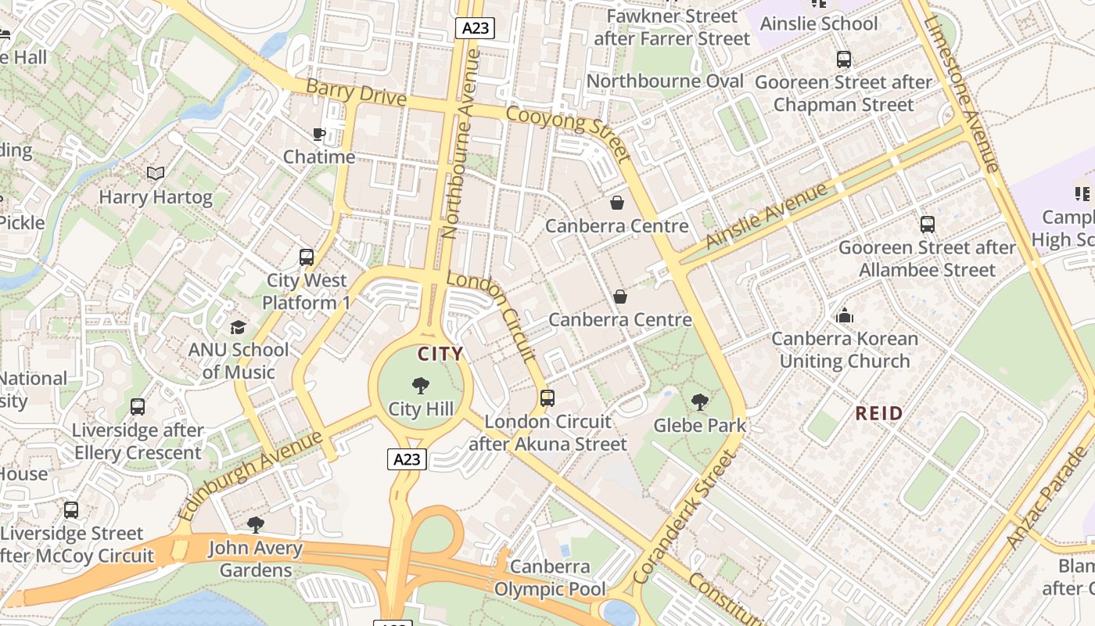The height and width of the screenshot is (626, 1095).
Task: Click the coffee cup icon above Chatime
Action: click(x=319, y=134)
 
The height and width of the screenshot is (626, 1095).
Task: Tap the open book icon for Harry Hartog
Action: click(x=156, y=173)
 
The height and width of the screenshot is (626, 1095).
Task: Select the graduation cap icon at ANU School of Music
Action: click(x=238, y=326)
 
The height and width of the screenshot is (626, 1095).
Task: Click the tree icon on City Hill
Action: click(x=420, y=385)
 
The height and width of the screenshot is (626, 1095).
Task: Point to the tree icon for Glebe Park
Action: click(x=700, y=402)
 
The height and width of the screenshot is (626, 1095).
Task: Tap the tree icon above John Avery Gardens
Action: click(x=255, y=524)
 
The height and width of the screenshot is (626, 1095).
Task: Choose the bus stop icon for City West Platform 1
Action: click(x=307, y=257)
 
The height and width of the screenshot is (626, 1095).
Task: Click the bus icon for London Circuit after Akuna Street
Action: click(x=547, y=398)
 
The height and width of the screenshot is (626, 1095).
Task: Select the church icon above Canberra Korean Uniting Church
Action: click(x=845, y=316)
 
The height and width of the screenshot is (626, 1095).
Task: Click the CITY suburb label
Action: click(x=440, y=354)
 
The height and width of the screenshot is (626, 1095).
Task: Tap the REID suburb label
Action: click(x=879, y=413)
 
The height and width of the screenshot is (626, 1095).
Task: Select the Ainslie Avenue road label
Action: click(x=766, y=216)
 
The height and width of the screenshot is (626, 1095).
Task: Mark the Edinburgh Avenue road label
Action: click(x=250, y=475)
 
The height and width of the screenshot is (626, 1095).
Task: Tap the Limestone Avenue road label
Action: click(x=960, y=93)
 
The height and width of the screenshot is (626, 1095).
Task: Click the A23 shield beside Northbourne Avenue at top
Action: click(x=476, y=28)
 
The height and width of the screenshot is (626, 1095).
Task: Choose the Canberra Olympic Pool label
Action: click(x=550, y=577)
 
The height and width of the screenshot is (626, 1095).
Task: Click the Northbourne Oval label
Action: click(x=665, y=81)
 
